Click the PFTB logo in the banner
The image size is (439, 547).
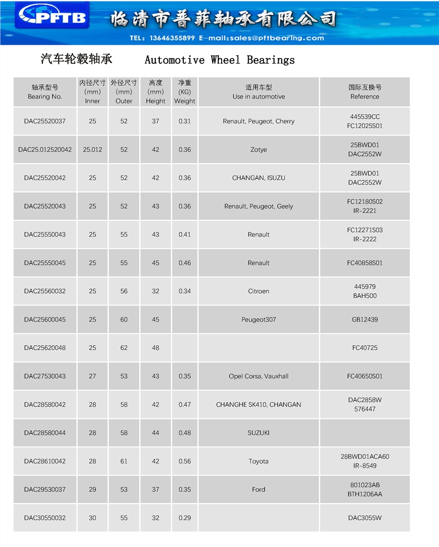pyautogui.click(x=53, y=18)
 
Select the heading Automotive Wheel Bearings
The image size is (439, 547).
pyautogui.click(x=219, y=60)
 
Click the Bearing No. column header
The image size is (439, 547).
pyautogui.click(x=45, y=92)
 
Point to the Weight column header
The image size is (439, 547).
pyautogui.click(x=185, y=92)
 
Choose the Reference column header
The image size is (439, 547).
pyautogui.click(x=364, y=92)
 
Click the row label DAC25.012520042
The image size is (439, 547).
pyautogui.click(x=45, y=150)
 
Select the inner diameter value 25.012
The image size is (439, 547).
pyautogui.click(x=92, y=150)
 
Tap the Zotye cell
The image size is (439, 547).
pyautogui.click(x=258, y=150)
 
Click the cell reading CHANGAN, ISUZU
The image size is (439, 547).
pyautogui.click(x=258, y=178)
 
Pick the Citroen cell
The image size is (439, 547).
pyautogui.click(x=258, y=291)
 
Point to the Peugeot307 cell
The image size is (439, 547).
pyautogui.click(x=258, y=320)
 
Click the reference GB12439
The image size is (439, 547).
pyautogui.click(x=364, y=320)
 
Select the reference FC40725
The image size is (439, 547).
pyautogui.click(x=364, y=348)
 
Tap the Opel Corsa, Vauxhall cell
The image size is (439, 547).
pyautogui.click(x=258, y=376)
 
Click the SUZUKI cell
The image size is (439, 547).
pyautogui.click(x=258, y=433)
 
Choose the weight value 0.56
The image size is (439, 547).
pyautogui.click(x=185, y=461)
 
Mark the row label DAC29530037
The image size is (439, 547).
pyautogui.click(x=45, y=489)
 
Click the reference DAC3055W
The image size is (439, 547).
pyautogui.click(x=364, y=518)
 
